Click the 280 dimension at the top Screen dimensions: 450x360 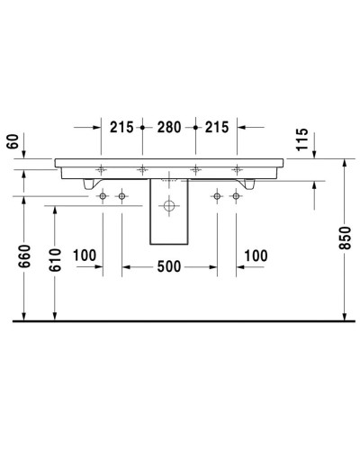coord(169,128)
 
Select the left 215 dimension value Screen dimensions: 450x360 coord(121,128)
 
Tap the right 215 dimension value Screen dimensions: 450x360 coord(217,128)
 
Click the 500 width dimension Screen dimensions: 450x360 coord(169,266)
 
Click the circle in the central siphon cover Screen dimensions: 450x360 coord(168,206)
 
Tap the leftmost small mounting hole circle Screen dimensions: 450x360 coord(103,195)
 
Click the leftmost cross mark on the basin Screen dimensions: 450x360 coord(103,169)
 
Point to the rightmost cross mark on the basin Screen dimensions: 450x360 coord(237,169)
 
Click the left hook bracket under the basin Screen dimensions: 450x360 coord(87,184)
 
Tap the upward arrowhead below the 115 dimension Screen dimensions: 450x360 coord(315,184)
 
